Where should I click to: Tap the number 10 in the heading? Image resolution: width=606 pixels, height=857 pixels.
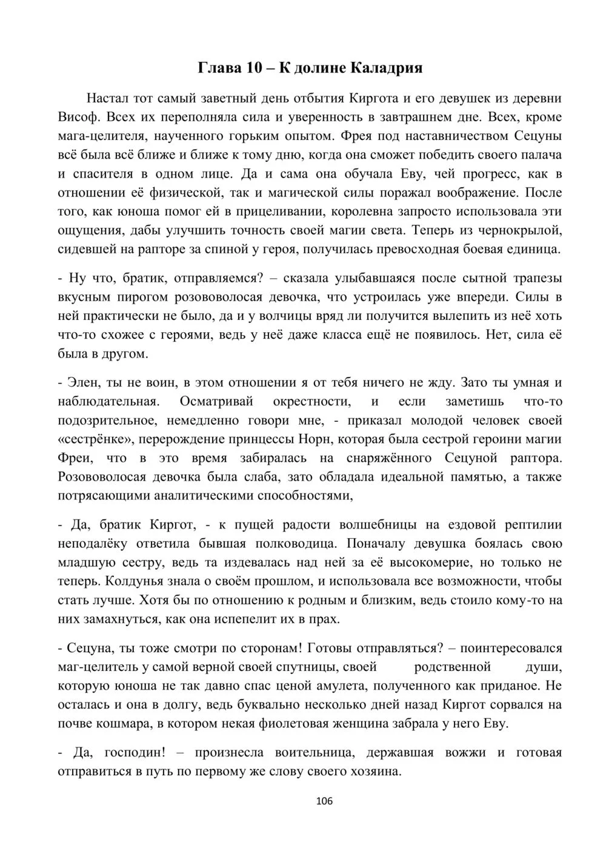pos(253,68)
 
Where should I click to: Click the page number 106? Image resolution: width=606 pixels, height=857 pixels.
pos(325,801)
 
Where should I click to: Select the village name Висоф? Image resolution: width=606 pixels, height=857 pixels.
pos(77,117)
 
